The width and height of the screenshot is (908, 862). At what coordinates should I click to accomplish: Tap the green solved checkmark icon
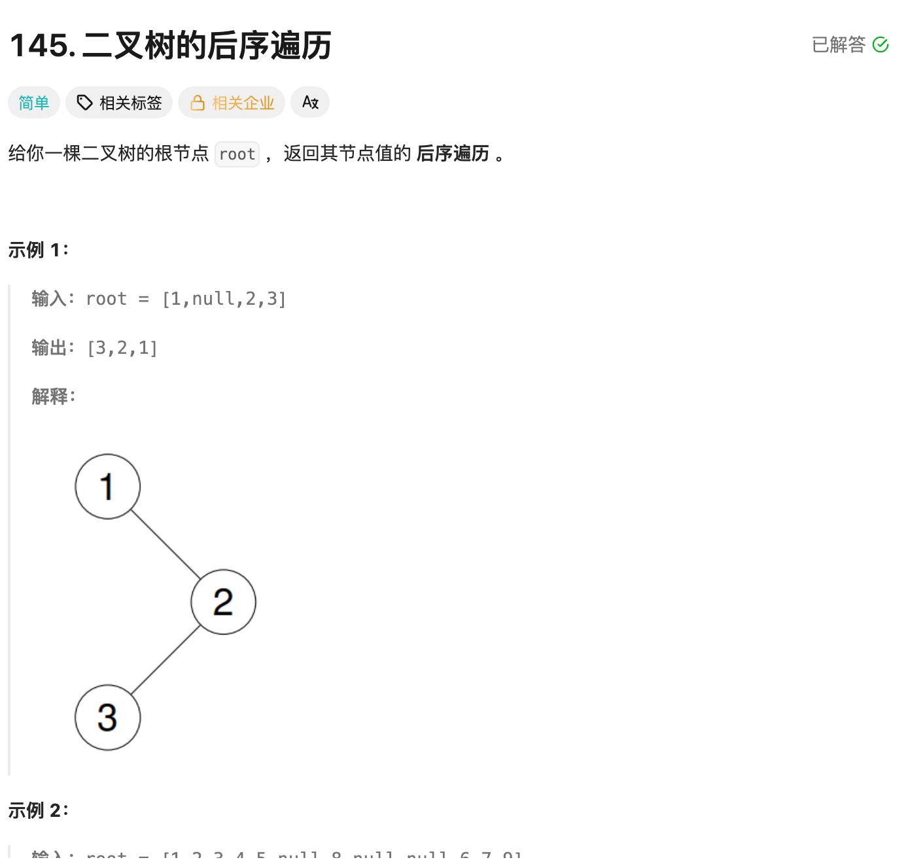(x=881, y=44)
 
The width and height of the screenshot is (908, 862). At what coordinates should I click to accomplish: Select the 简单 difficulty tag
(x=34, y=103)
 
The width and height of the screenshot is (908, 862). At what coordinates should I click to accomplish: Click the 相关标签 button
(x=119, y=103)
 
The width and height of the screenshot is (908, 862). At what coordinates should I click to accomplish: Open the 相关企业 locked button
(x=232, y=103)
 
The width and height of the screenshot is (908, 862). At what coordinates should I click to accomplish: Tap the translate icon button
(x=310, y=103)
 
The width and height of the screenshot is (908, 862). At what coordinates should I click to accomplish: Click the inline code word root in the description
(x=237, y=154)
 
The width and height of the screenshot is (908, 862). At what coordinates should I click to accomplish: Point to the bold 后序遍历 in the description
(x=453, y=154)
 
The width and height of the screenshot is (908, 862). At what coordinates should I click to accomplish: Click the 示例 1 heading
(x=38, y=250)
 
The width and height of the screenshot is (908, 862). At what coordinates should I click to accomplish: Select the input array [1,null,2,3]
(x=224, y=299)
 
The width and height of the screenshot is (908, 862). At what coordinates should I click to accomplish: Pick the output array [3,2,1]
(x=122, y=348)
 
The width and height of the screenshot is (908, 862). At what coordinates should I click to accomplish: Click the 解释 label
(x=53, y=396)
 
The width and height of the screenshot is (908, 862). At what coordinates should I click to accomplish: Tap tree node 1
(x=108, y=487)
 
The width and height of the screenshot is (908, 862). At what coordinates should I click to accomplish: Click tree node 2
(x=223, y=602)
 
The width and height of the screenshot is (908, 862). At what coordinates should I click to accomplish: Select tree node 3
(x=108, y=717)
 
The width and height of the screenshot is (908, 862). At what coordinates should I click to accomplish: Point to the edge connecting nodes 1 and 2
(x=166, y=544)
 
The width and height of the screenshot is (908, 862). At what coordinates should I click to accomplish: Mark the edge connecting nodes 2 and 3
(x=166, y=660)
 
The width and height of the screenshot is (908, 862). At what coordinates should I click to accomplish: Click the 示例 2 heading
(x=38, y=810)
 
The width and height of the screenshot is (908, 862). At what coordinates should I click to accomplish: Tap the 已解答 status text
(x=839, y=44)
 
